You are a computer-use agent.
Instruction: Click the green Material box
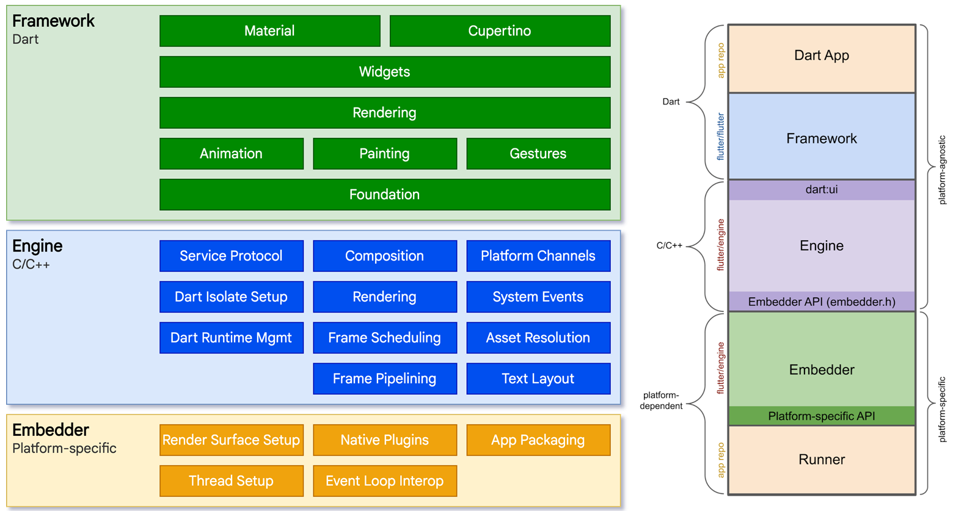pyautogui.click(x=269, y=31)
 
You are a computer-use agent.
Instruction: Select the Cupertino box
pyautogui.click(x=500, y=31)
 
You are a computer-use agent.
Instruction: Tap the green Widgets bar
pyautogui.click(x=385, y=72)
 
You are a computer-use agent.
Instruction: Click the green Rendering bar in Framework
pyautogui.click(x=385, y=113)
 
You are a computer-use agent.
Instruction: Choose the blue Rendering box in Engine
pyautogui.click(x=385, y=297)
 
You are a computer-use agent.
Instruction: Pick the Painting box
pyautogui.click(x=385, y=154)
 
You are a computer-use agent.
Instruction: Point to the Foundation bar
pyautogui.click(x=385, y=195)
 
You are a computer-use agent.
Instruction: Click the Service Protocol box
pyautogui.click(x=232, y=256)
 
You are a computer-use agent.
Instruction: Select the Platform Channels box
pyautogui.click(x=538, y=256)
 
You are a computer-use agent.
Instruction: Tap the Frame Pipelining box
pyautogui.click(x=385, y=379)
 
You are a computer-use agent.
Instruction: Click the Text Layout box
pyautogui.click(x=538, y=379)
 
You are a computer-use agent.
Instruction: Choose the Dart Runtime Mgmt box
pyautogui.click(x=232, y=338)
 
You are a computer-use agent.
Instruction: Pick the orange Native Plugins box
pyautogui.click(x=385, y=440)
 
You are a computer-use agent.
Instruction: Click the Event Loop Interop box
pyautogui.click(x=385, y=481)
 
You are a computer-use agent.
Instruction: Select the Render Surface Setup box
pyautogui.click(x=232, y=440)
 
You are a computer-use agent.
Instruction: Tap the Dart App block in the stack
pyautogui.click(x=822, y=56)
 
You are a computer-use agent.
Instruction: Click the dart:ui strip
pyautogui.click(x=822, y=190)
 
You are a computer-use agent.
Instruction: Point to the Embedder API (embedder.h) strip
pyautogui.click(x=822, y=302)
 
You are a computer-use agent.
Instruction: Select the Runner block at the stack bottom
pyautogui.click(x=822, y=460)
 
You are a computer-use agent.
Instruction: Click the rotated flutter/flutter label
pyautogui.click(x=721, y=137)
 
